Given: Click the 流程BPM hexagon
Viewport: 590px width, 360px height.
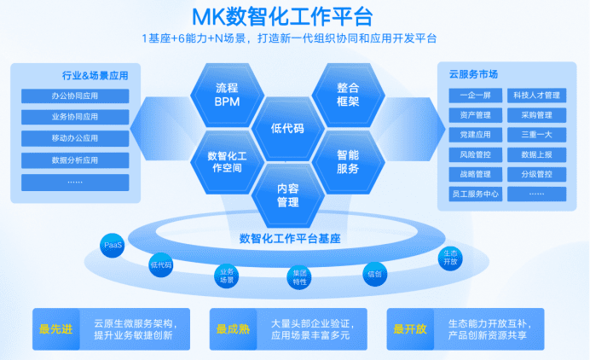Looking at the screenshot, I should [x=227, y=94].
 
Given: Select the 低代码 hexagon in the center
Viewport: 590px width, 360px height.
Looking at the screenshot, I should [x=287, y=128].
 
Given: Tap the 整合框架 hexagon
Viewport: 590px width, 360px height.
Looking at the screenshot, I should [x=348, y=94].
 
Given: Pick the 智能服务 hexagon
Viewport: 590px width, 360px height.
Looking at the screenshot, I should [x=348, y=161].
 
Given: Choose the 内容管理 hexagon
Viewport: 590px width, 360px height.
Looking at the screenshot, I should [x=287, y=195].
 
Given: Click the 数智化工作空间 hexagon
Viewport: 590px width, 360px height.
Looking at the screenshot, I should [x=227, y=161].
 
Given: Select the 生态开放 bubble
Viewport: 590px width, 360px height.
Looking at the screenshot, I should [x=451, y=258].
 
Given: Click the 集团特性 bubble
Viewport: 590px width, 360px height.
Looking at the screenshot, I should [x=299, y=276].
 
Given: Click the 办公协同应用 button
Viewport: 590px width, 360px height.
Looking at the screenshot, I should [x=75, y=96].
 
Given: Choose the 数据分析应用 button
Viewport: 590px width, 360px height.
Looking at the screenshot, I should [x=75, y=160].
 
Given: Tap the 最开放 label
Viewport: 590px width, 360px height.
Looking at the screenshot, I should [x=411, y=328].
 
